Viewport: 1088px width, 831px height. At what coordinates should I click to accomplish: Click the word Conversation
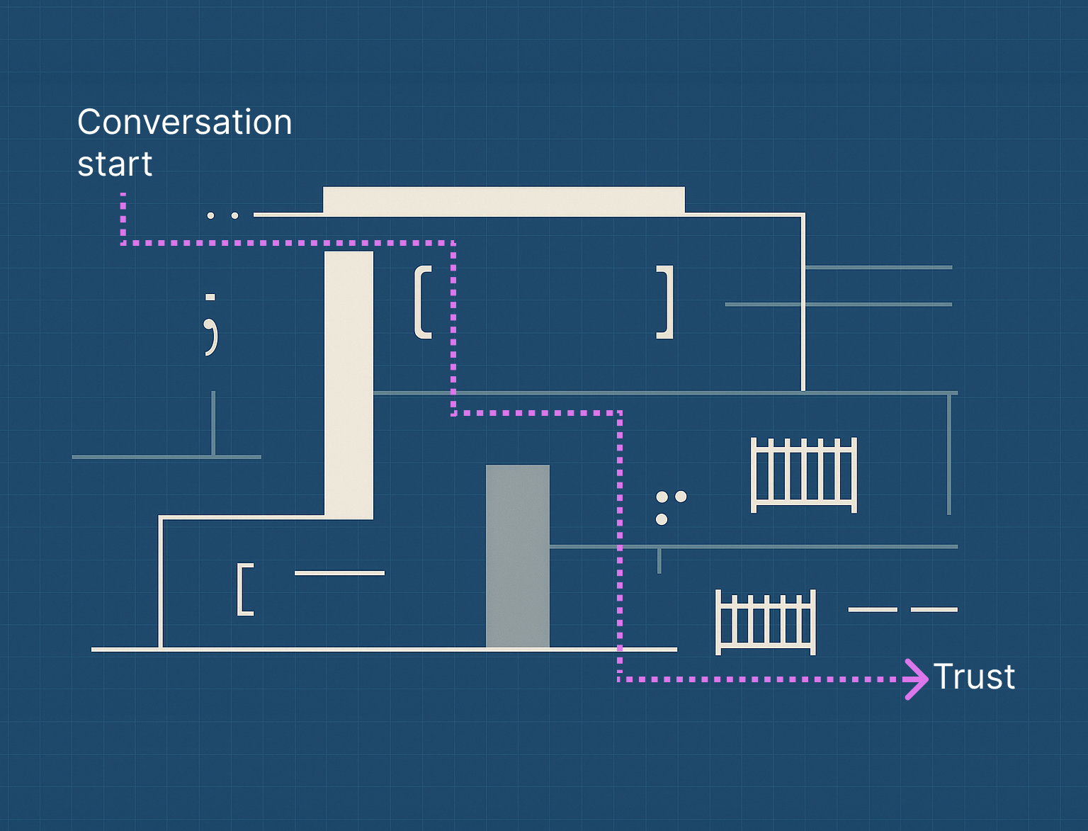(184, 122)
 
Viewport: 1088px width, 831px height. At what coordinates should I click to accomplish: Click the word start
(115, 164)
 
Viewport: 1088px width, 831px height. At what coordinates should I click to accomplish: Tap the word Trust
(974, 677)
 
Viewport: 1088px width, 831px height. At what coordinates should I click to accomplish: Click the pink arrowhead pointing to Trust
(917, 679)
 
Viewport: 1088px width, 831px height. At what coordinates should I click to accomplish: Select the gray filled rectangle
(517, 556)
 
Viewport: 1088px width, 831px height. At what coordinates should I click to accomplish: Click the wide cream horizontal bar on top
(504, 200)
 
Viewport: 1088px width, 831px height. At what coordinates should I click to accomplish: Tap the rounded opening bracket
(423, 303)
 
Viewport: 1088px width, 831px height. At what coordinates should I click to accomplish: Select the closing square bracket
(666, 303)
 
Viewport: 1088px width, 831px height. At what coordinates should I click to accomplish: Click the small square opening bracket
(245, 589)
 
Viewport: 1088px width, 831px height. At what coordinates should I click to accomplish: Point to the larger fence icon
(804, 475)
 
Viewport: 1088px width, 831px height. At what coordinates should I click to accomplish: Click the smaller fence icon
(766, 622)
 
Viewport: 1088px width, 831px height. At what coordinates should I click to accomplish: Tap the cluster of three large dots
(669, 507)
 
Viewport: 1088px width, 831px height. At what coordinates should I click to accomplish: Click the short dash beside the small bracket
(339, 573)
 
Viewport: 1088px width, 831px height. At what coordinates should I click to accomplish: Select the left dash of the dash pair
(873, 609)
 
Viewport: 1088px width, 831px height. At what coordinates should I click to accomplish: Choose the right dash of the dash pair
(934, 609)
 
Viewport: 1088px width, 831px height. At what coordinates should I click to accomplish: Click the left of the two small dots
(210, 215)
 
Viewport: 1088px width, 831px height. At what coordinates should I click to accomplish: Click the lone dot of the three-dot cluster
(662, 519)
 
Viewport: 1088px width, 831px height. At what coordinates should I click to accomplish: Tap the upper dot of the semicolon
(210, 298)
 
